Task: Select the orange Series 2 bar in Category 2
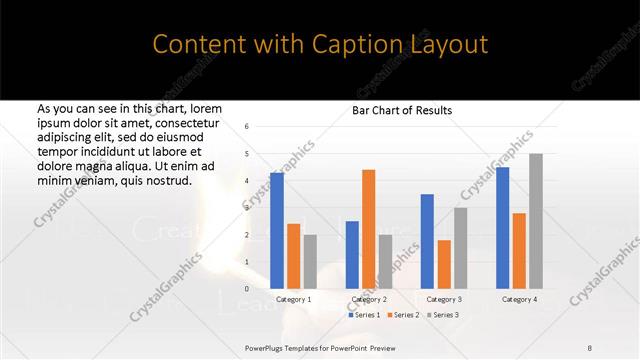[x=368, y=229]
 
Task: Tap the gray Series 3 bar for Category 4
[x=536, y=221]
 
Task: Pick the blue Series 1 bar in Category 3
[x=427, y=241]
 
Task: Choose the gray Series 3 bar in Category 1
[x=309, y=262]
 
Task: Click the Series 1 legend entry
[x=366, y=315]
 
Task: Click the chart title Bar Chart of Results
[x=403, y=110]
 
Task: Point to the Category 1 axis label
[x=293, y=299]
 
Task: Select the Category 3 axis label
[x=443, y=299]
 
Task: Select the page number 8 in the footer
[x=590, y=345]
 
